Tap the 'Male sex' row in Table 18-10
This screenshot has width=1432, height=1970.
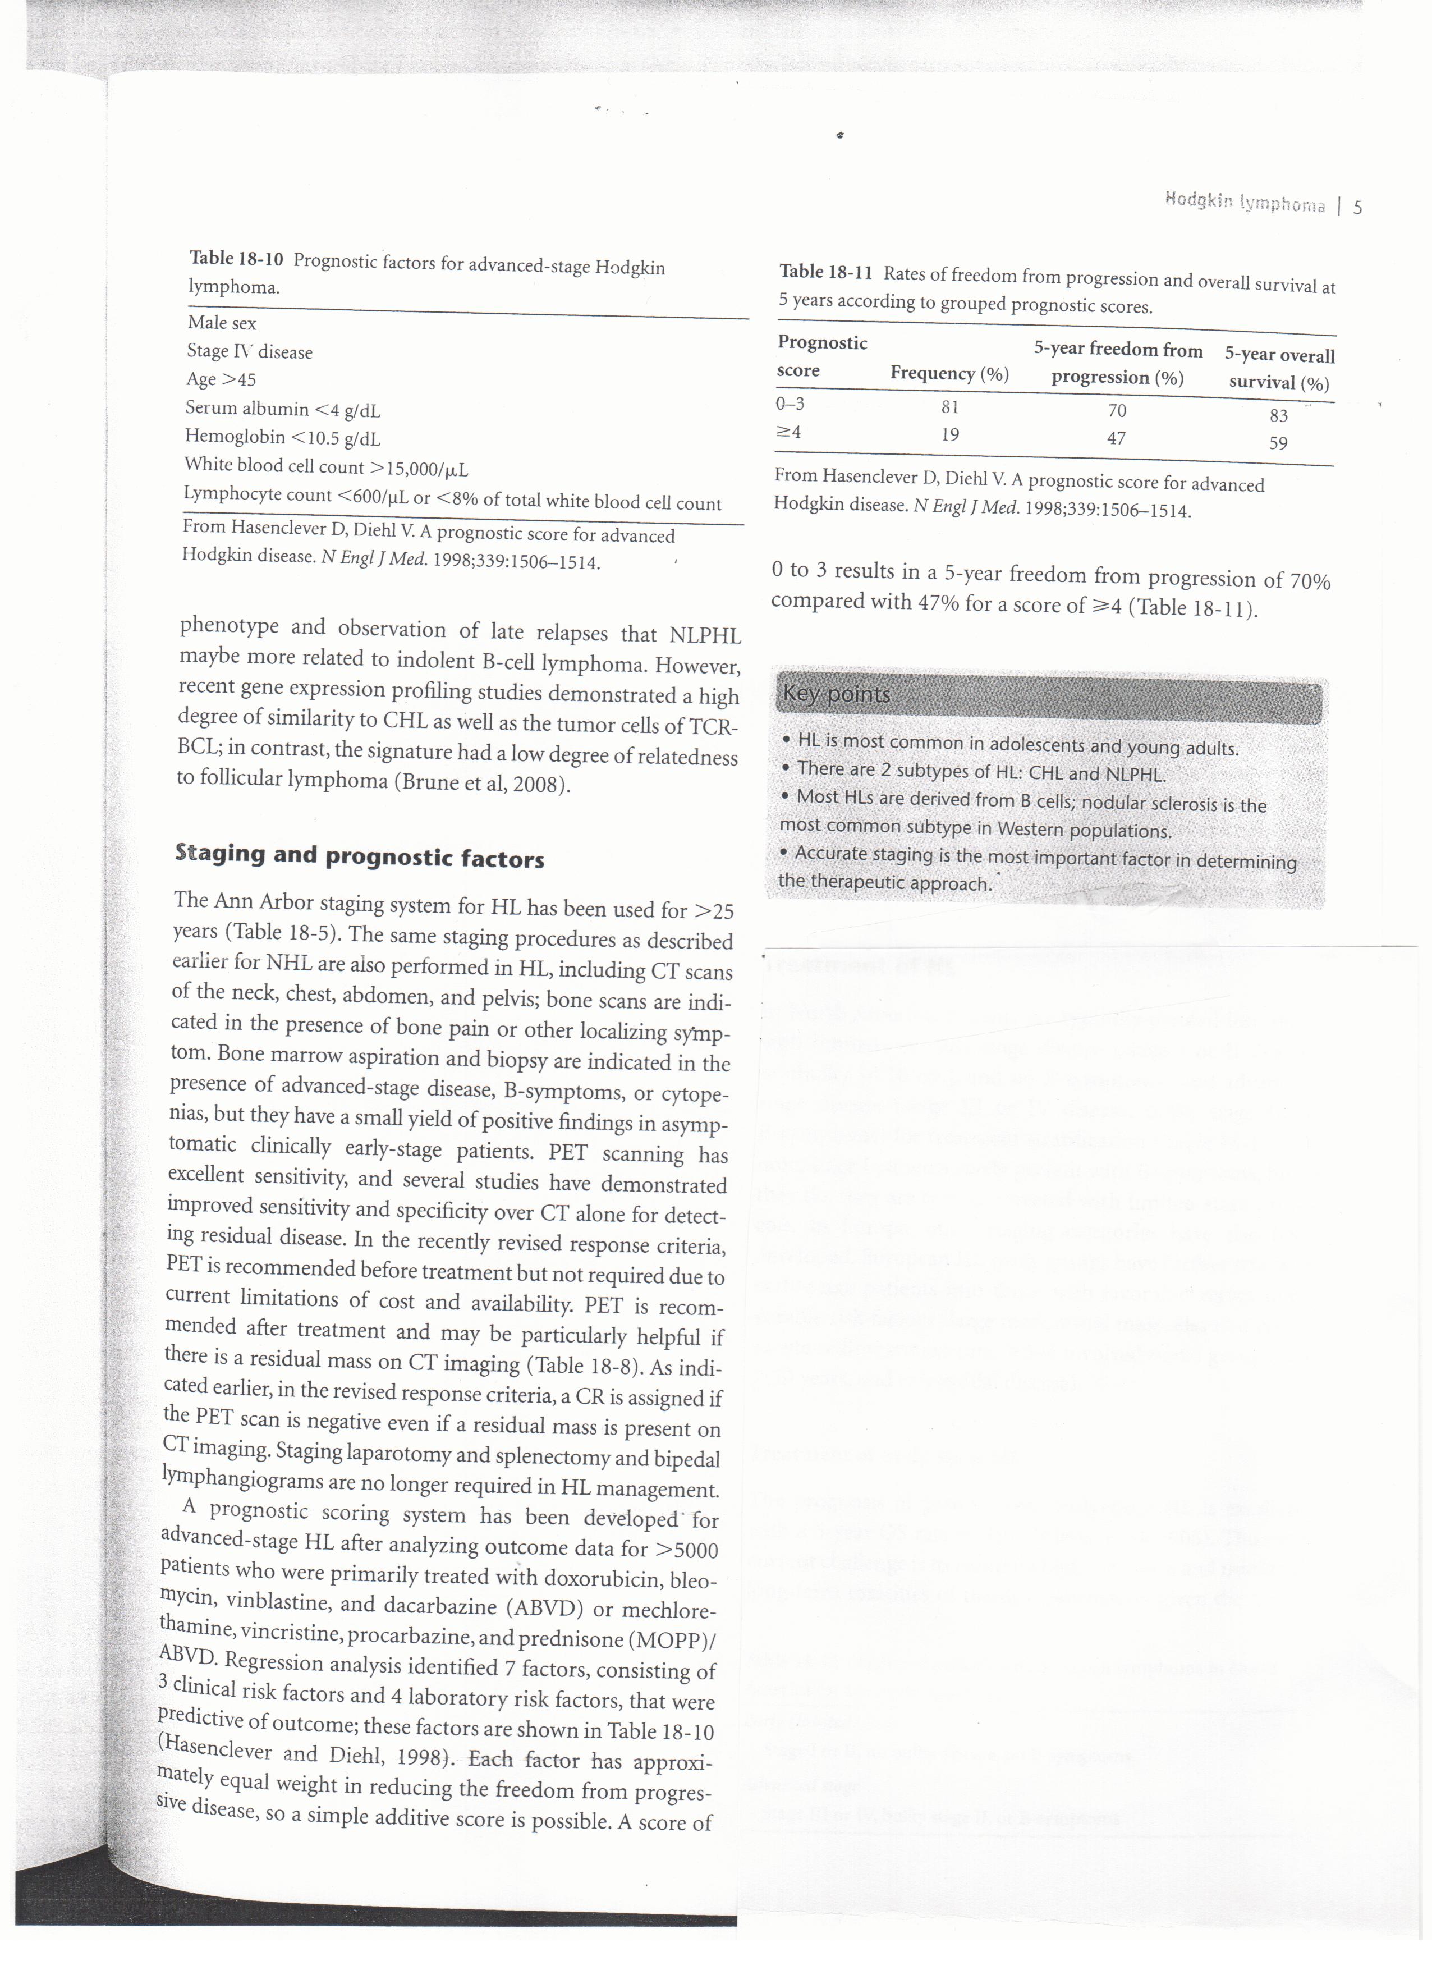coord(222,323)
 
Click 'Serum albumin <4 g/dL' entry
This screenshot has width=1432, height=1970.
coord(282,409)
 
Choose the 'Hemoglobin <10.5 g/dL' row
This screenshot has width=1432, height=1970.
coord(282,438)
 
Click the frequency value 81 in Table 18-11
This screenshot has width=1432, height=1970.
coord(949,406)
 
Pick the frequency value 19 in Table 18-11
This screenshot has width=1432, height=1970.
coord(949,434)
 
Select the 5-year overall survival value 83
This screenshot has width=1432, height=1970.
coord(1278,415)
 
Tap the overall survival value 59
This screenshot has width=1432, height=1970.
coord(1278,443)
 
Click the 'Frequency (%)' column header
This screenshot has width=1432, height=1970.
coord(949,373)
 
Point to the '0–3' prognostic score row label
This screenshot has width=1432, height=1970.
coord(790,403)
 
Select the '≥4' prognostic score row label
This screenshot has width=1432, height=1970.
coord(788,432)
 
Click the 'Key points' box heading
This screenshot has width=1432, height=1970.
coord(836,694)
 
